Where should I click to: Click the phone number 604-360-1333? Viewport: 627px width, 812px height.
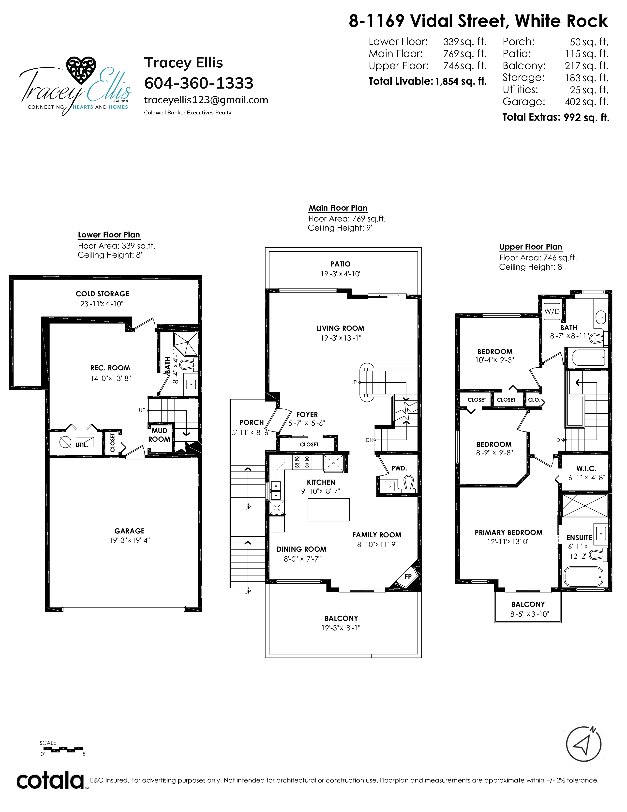pyautogui.click(x=199, y=83)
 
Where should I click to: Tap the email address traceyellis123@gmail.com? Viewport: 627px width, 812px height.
pyautogui.click(x=206, y=100)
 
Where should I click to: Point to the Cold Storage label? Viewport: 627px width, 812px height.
pyautogui.click(x=103, y=294)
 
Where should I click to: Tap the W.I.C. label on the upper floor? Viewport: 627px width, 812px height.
pyautogui.click(x=586, y=468)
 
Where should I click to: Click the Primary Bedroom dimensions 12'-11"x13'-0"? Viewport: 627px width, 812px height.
pyautogui.click(x=508, y=542)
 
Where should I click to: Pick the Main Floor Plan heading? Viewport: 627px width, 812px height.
pyautogui.click(x=338, y=208)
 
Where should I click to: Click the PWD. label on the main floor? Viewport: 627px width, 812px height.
pyautogui.click(x=399, y=468)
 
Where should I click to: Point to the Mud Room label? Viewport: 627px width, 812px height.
pyautogui.click(x=159, y=435)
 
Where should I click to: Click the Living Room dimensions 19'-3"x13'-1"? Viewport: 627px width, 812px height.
pyautogui.click(x=341, y=338)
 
